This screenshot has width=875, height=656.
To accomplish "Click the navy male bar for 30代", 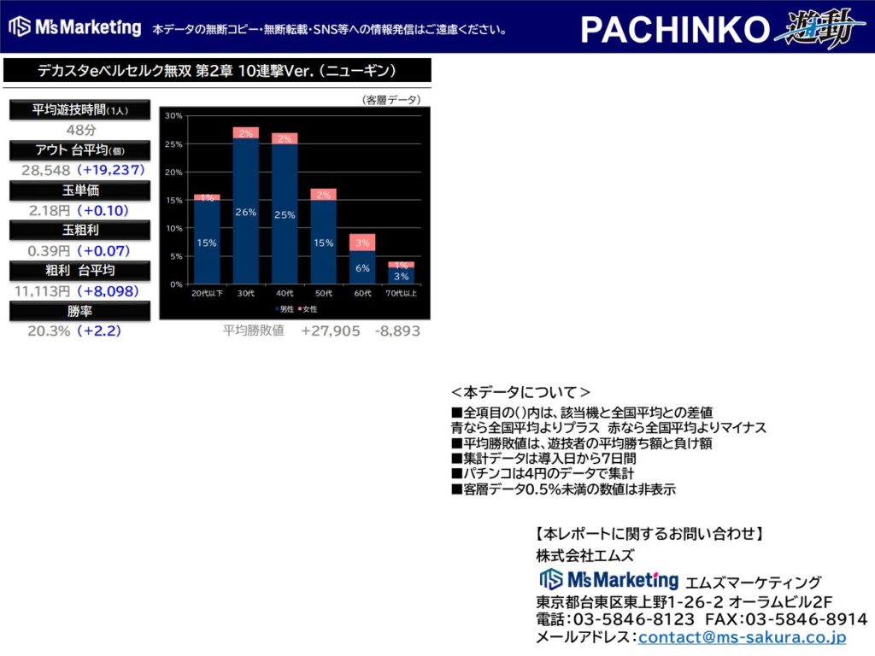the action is point(245,211).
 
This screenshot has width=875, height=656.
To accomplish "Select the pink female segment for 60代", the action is point(362,242).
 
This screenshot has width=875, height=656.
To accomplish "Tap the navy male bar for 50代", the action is point(324,242).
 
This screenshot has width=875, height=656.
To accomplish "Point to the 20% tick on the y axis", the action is point(173,172).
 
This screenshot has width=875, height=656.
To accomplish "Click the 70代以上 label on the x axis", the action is point(402,293).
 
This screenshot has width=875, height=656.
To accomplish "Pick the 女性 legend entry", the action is point(308,308).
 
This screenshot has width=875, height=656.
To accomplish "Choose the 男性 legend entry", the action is point(285,308).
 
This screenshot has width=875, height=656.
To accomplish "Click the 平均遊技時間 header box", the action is point(79,110).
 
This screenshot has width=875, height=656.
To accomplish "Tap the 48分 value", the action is point(81,130).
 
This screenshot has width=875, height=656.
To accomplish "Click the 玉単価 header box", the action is point(79,190).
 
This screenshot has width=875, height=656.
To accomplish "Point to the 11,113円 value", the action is point(43,290).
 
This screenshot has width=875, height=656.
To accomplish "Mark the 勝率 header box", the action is point(79,311).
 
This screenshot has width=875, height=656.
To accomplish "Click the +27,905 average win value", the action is point(331,331).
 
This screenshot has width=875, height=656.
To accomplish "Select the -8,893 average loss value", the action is point(397,331).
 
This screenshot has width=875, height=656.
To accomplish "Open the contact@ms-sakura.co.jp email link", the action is point(742,636).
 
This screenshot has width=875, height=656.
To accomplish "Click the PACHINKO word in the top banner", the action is point(675,29).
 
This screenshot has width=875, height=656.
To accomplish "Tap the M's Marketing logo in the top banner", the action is point(75,26).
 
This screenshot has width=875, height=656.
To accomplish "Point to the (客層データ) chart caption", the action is point(391,99).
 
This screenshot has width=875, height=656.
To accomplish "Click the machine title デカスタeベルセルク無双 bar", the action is point(217,70).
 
